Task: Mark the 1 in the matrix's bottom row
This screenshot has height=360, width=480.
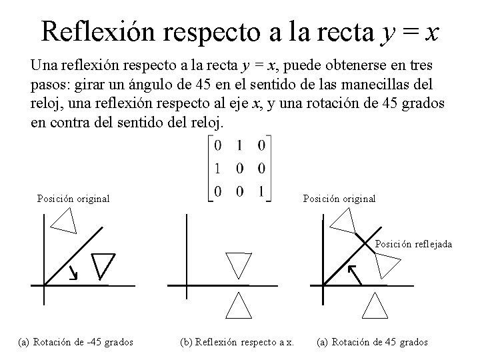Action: tap(261, 192)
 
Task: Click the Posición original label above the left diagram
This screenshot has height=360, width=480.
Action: tap(73, 198)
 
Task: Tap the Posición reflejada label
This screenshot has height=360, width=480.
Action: tap(413, 244)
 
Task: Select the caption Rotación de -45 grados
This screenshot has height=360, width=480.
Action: tap(76, 343)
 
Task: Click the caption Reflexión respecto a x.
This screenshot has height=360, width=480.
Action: tap(237, 343)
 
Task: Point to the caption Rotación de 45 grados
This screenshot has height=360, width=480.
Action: tap(373, 343)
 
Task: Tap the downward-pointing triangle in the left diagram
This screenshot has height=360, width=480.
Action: tap(103, 263)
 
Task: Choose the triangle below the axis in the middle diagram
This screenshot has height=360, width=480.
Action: tap(238, 306)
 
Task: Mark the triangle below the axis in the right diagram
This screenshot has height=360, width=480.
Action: tap(374, 305)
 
